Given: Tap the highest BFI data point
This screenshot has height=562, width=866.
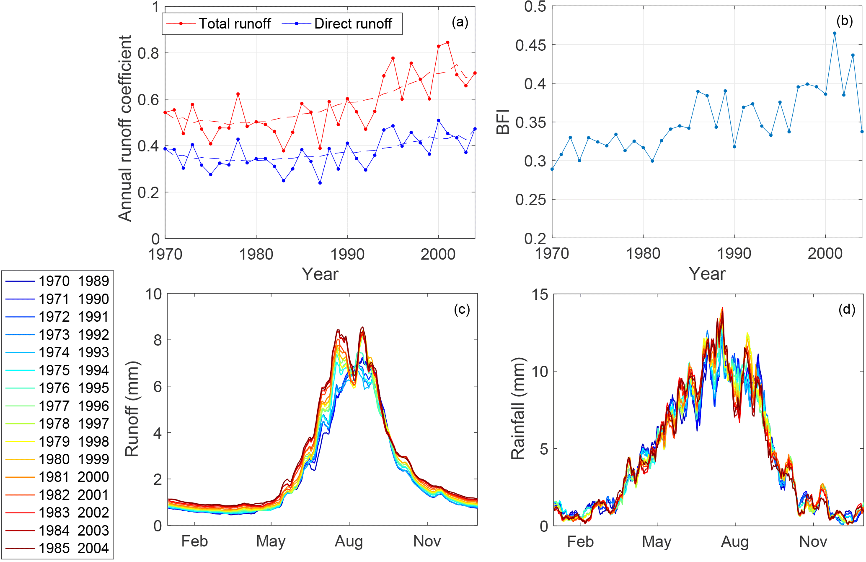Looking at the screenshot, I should [835, 34].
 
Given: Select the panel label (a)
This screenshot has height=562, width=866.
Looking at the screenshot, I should [460, 22].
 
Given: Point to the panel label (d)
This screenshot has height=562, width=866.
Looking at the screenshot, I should [846, 310].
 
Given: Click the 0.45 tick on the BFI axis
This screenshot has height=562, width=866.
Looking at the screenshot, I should [530, 45].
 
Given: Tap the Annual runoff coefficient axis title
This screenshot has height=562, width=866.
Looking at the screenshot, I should [125, 128].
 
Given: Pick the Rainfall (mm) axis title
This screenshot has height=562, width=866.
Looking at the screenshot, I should [518, 409].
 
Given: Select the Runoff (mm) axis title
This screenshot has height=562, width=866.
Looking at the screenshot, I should [132, 409].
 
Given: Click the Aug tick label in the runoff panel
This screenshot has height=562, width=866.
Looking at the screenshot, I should [349, 541].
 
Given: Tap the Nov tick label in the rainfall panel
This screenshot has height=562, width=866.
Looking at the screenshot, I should [813, 542].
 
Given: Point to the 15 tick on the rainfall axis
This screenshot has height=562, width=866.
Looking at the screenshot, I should [540, 295].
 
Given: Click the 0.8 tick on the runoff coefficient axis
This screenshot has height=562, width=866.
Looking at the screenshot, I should [149, 53].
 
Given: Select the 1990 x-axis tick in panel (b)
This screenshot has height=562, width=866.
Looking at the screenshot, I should [734, 253].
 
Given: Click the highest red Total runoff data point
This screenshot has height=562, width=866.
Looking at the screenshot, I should [448, 42].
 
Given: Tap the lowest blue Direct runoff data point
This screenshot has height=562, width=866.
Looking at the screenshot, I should [320, 183].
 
